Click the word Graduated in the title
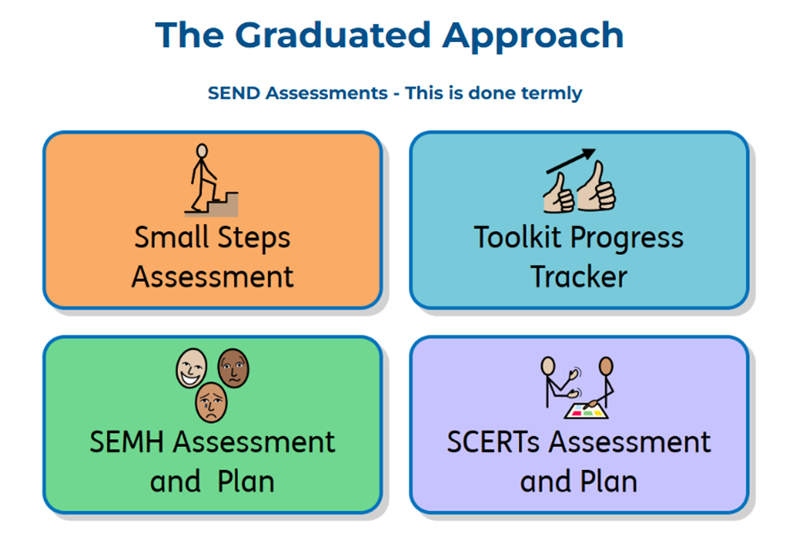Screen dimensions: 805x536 pos(332,35)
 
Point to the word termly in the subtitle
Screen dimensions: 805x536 pos(552,93)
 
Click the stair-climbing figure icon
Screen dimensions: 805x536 pos(211,179)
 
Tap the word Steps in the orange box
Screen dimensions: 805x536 pos(254,238)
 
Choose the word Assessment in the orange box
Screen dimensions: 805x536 pos(212,277)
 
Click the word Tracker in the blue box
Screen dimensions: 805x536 pos(579,277)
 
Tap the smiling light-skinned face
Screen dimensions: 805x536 pos(192,368)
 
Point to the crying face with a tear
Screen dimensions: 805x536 pos(211,402)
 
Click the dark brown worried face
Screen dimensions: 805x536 pos(234,367)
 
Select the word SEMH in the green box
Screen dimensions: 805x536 pos(127,442)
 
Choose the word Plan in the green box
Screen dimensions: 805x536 pos(246,482)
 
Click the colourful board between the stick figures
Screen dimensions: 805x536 pos(587,411)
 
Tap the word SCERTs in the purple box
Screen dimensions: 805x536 pos(493,442)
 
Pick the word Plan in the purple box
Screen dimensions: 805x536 pos(609,482)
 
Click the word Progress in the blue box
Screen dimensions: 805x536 pos(627,239)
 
